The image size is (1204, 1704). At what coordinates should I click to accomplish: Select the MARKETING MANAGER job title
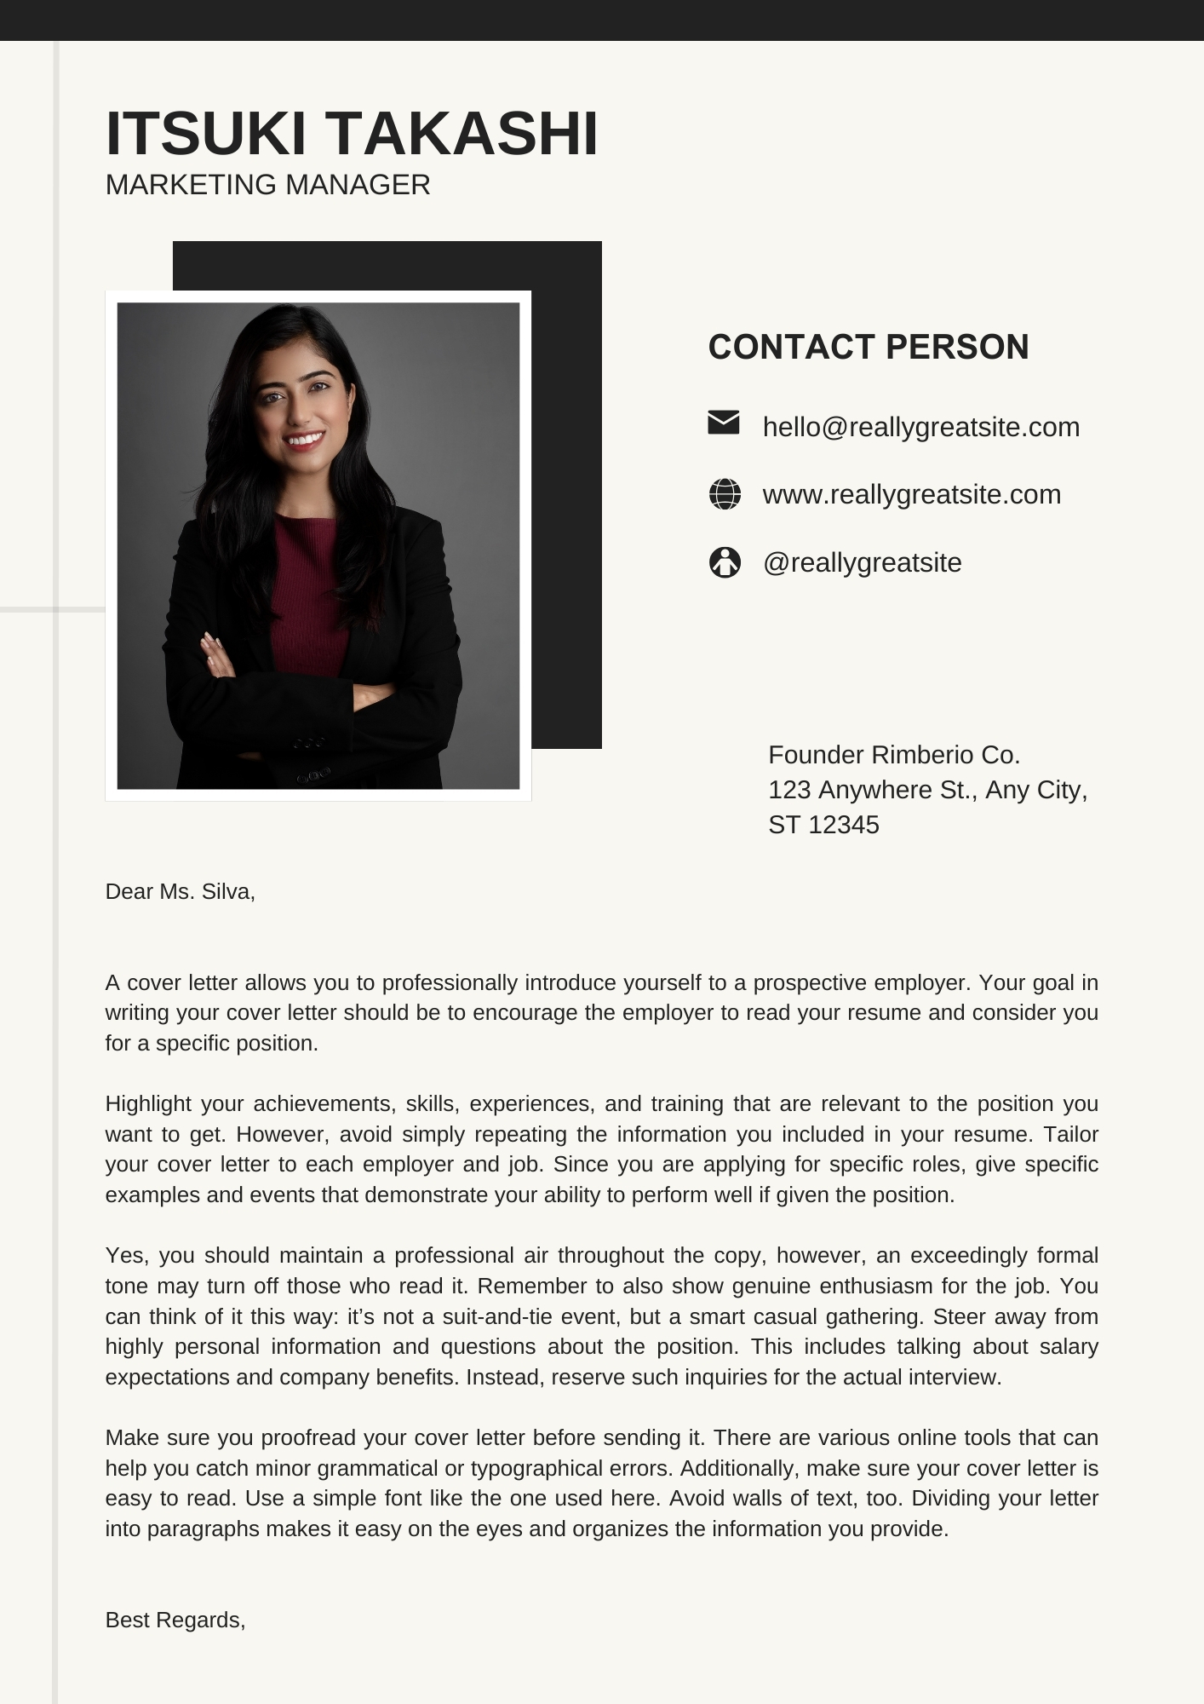tap(267, 185)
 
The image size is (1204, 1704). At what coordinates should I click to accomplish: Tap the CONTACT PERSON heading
tap(869, 348)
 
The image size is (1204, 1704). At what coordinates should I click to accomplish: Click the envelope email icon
tap(724, 423)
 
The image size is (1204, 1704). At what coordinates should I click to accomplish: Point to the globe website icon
tap(725, 494)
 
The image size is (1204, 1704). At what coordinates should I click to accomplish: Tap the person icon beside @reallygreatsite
tap(725, 562)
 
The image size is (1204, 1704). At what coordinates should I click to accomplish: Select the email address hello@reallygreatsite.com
tap(920, 427)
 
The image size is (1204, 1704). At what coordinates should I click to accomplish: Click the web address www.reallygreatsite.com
tap(911, 494)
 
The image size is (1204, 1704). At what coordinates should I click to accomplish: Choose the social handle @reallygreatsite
tap(862, 562)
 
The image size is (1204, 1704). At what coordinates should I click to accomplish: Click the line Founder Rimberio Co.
tap(894, 755)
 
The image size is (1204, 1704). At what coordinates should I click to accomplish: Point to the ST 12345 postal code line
tap(823, 825)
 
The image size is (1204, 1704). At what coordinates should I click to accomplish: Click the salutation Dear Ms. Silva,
tap(181, 892)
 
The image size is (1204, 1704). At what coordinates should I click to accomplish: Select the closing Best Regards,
tap(175, 1620)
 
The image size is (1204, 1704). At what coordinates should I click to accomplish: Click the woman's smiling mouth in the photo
tap(306, 440)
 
